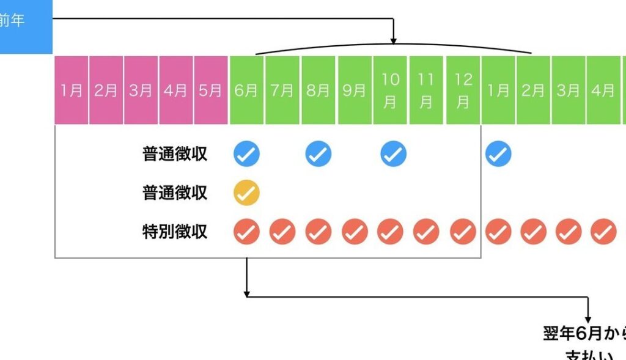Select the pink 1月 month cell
(72, 90)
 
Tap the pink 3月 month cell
(141, 90)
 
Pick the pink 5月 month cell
(211, 90)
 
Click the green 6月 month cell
(246, 90)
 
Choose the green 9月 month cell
(355, 90)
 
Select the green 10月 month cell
(391, 90)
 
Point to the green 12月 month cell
(463, 90)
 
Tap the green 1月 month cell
(498, 90)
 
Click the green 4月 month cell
(603, 90)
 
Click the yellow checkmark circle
(246, 193)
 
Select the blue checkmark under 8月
(319, 154)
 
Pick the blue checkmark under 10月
(393, 154)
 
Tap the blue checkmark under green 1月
(498, 154)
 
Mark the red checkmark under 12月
(463, 232)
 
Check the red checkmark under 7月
(282, 232)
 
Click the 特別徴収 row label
(175, 232)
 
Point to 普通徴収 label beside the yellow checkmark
(175, 193)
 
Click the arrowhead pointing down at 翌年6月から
(588, 319)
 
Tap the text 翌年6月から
(584, 334)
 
